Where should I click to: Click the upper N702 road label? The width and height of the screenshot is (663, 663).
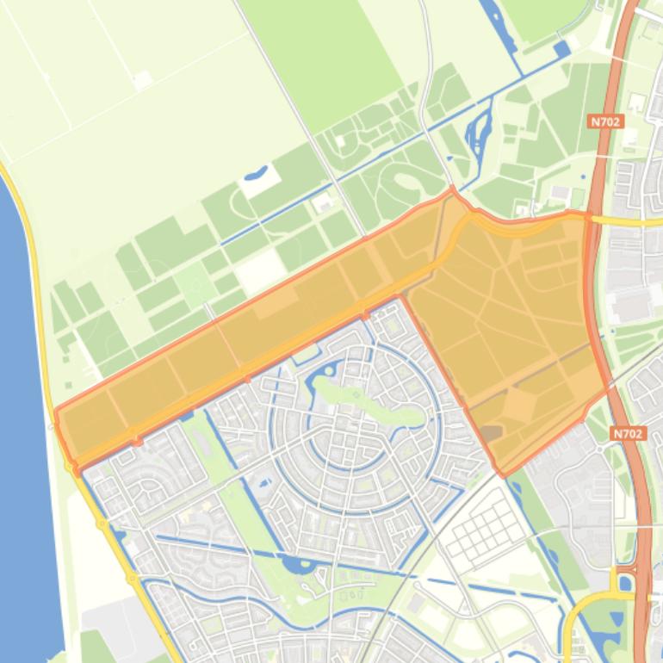click(x=606, y=122)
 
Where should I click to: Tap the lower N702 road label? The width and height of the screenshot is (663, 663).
click(x=628, y=434)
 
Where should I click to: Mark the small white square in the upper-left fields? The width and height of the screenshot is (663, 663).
click(x=142, y=79)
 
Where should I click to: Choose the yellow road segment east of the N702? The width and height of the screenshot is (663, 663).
click(x=629, y=220)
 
